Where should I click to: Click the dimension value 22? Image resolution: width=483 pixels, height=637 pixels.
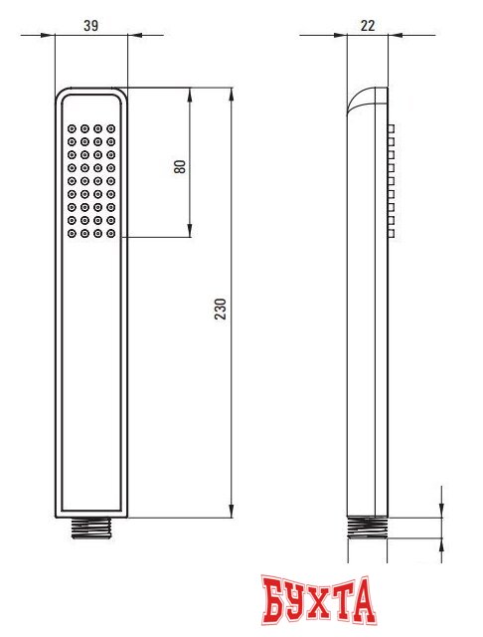click(x=368, y=24)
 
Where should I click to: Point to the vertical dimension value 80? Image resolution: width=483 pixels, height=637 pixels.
click(x=180, y=165)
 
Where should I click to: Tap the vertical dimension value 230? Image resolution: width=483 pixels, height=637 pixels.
click(x=221, y=308)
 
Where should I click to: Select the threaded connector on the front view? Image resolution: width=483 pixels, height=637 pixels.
click(x=91, y=527)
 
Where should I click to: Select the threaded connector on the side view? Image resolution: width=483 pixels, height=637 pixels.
click(x=368, y=527)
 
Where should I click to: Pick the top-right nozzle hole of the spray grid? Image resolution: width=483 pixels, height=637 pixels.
click(x=111, y=128)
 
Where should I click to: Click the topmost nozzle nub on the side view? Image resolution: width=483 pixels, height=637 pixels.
click(x=392, y=129)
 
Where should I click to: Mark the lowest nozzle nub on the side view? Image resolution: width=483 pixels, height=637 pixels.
click(x=392, y=233)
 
